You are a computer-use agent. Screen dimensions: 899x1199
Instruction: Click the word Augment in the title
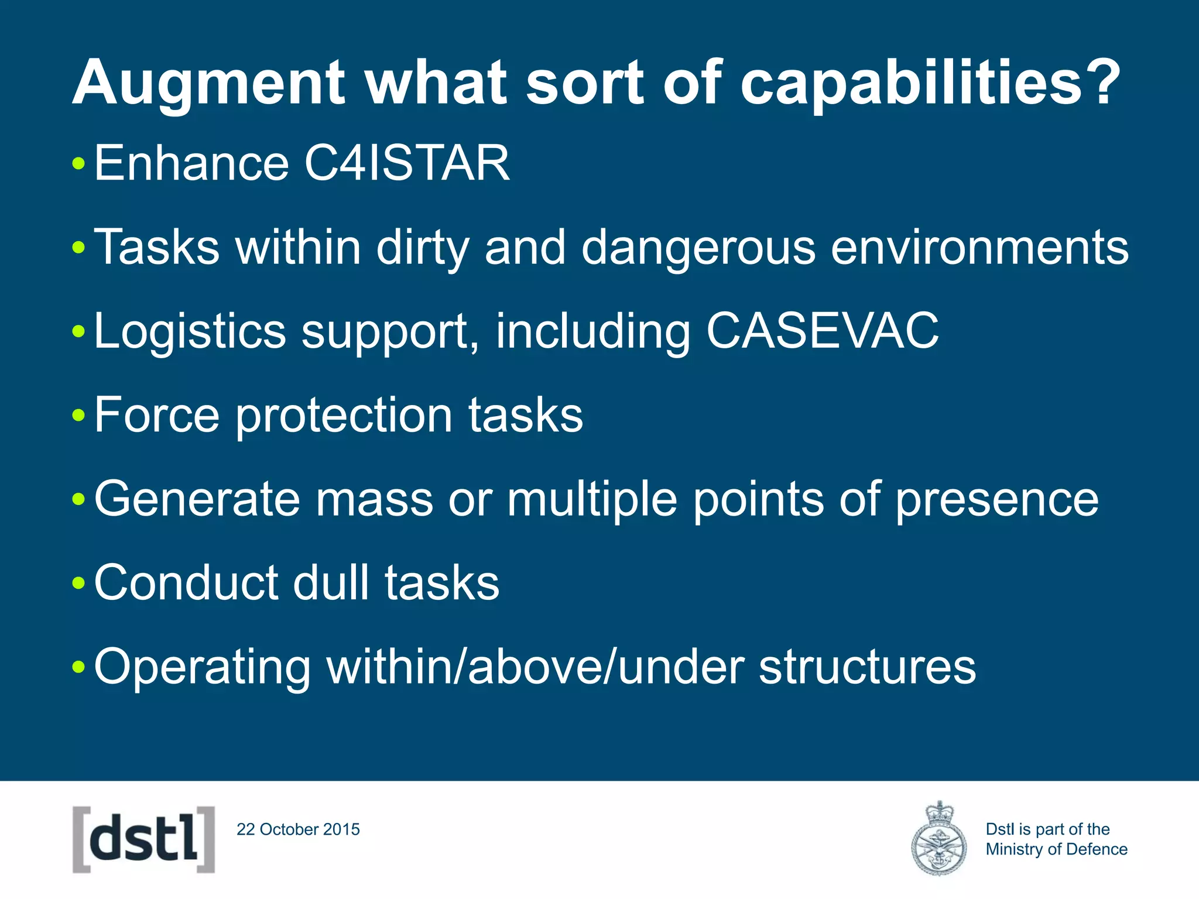tap(208, 83)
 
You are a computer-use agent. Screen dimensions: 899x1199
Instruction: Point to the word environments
tap(979, 248)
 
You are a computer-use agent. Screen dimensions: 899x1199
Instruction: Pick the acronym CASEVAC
tap(822, 331)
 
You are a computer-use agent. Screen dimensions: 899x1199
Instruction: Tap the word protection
tap(344, 415)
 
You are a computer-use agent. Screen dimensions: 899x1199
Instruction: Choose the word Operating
tap(202, 667)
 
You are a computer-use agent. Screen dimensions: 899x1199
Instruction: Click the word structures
tap(867, 667)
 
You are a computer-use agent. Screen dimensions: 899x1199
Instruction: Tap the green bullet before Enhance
tap(78, 164)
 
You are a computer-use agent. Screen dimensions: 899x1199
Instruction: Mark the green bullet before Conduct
tap(78, 584)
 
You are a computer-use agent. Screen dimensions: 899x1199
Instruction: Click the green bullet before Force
tap(78, 416)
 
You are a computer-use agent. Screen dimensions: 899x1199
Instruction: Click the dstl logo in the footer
tap(143, 839)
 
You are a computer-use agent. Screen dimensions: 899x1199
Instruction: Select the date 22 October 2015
tap(298, 829)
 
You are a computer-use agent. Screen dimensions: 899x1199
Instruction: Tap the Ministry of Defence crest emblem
tap(938, 839)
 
